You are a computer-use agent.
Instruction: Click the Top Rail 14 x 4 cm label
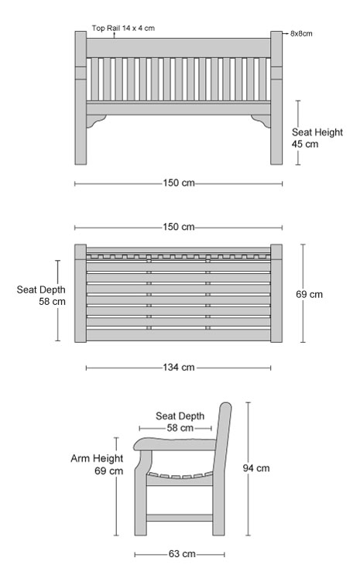tap(123, 28)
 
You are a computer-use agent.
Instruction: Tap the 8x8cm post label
tap(301, 33)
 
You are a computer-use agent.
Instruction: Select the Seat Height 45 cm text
tap(317, 138)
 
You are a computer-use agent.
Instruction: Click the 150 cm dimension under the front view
tap(179, 183)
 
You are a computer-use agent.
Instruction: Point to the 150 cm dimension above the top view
tap(179, 227)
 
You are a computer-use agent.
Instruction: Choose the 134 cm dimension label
tap(179, 368)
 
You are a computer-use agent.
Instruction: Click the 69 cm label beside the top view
tap(309, 294)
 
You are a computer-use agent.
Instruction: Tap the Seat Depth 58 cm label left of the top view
tap(41, 296)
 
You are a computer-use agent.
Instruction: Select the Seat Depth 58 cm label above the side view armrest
tap(180, 422)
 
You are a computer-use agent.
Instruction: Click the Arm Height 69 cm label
tap(97, 464)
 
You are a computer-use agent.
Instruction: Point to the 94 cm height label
tap(256, 468)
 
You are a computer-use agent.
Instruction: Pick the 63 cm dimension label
tap(182, 554)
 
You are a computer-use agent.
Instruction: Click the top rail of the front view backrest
tap(179, 48)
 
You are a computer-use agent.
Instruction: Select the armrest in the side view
tap(175, 444)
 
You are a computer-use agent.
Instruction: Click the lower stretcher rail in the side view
tap(180, 518)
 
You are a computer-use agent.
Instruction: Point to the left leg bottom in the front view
tap(81, 160)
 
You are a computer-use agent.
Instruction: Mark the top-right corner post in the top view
tap(276, 251)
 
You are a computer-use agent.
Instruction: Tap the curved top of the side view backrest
tap(225, 407)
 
